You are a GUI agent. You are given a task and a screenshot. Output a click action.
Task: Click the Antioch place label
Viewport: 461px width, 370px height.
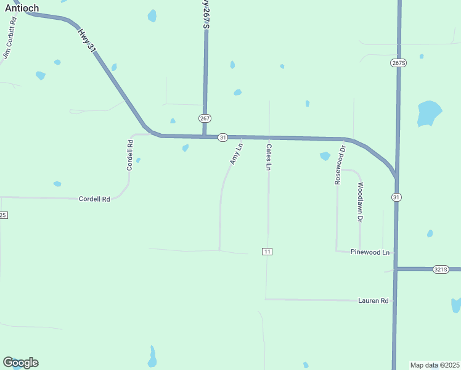(22, 8)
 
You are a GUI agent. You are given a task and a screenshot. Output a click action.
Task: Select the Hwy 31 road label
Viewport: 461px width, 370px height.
(88, 39)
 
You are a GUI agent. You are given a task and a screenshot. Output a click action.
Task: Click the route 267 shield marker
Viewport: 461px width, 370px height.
(205, 118)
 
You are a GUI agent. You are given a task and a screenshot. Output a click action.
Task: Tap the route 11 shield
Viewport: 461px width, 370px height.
(267, 252)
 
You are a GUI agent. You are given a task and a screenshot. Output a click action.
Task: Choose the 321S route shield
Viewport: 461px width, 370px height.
(440, 269)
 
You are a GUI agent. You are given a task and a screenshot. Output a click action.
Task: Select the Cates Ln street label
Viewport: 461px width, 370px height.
(268, 157)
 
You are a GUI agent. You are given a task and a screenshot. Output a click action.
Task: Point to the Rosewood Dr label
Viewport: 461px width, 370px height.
(341, 164)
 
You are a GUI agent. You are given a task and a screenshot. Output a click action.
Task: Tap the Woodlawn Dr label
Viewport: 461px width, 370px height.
(360, 202)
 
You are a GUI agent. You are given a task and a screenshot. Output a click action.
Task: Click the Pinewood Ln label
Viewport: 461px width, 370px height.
(370, 252)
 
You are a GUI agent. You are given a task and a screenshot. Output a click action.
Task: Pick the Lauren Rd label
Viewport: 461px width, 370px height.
(374, 301)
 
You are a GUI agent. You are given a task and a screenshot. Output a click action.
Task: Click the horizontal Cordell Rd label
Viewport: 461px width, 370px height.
(94, 199)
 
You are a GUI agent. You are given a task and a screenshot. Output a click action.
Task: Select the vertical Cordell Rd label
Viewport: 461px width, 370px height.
(130, 155)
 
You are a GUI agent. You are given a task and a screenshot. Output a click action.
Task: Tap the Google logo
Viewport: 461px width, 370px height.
(20, 363)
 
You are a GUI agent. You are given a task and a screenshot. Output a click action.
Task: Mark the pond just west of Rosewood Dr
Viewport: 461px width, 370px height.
(325, 156)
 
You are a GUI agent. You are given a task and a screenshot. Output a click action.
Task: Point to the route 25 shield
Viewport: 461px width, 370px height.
(3, 215)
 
